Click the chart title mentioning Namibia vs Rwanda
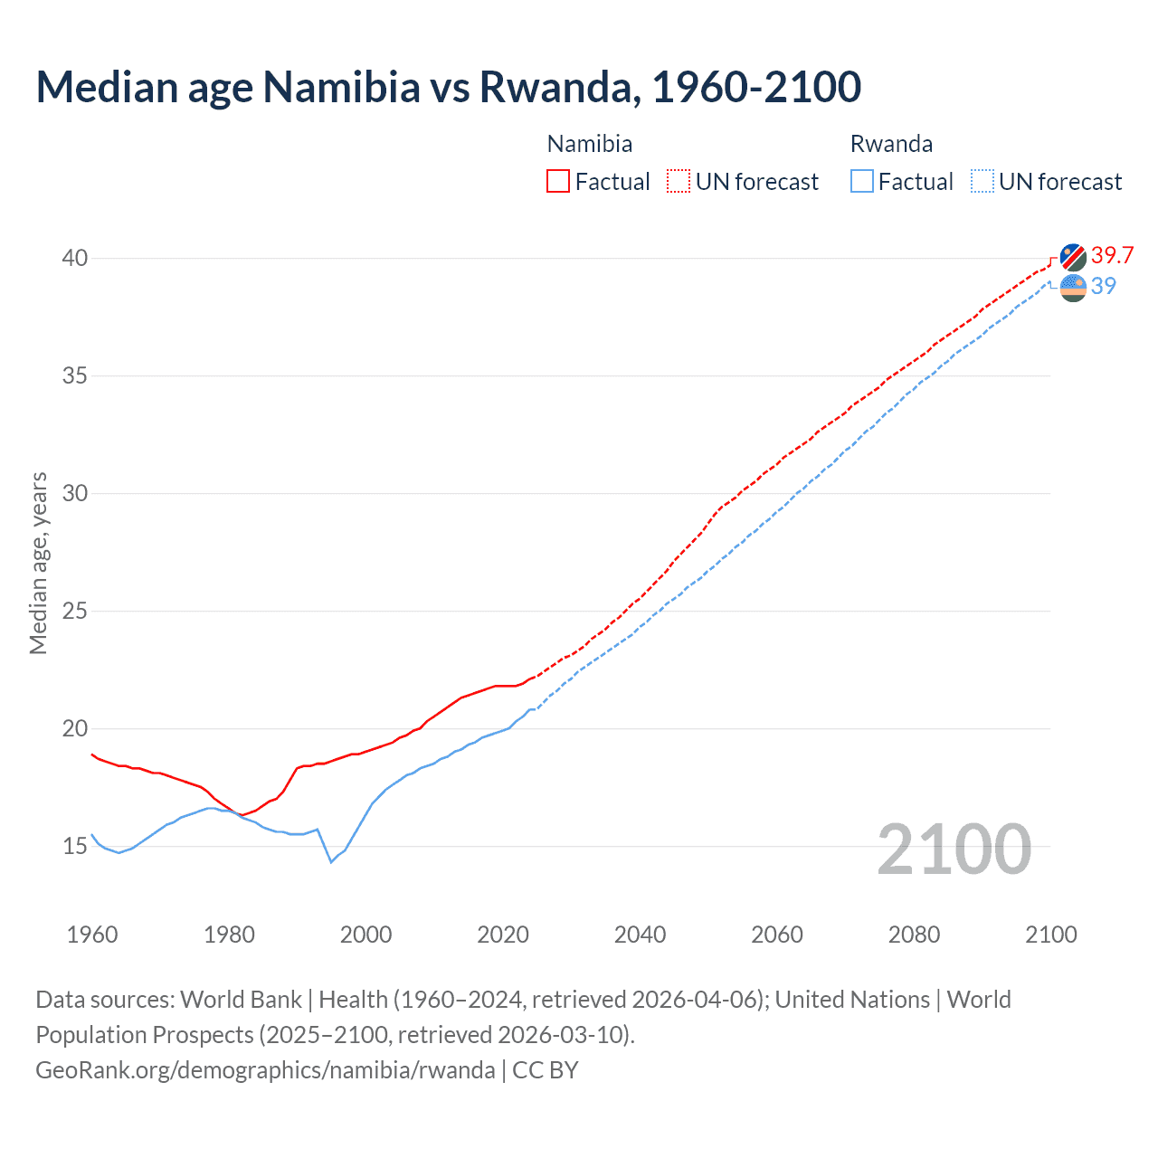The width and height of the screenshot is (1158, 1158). [x=448, y=87]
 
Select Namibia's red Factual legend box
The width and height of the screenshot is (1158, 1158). [x=558, y=181]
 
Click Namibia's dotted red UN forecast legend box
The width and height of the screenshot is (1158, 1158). [x=679, y=181]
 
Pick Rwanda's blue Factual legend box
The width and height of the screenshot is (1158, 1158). [x=862, y=181]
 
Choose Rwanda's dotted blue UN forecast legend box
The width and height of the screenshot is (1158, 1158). [x=982, y=181]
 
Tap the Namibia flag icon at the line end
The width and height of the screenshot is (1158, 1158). [x=1073, y=257]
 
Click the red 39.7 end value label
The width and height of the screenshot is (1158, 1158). [x=1112, y=255]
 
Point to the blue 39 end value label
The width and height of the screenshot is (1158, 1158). [x=1104, y=286]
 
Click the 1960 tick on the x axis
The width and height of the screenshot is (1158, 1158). [x=92, y=935]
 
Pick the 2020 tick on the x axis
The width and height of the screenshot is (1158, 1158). [x=503, y=935]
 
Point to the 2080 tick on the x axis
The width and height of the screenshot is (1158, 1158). [x=914, y=935]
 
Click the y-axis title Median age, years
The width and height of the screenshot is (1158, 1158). [x=38, y=563]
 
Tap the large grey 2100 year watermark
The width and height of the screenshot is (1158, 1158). [x=954, y=849]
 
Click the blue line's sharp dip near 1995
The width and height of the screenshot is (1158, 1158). [x=331, y=861]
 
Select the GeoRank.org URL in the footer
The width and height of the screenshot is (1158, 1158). [x=265, y=1069]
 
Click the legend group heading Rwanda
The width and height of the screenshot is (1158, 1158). [x=891, y=144]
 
